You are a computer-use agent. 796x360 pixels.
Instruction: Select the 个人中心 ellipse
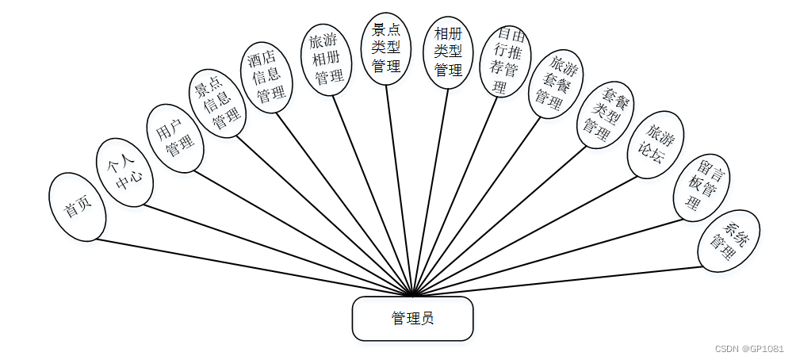pyautogui.click(x=124, y=172)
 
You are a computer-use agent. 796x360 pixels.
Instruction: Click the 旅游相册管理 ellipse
pyautogui.click(x=327, y=59)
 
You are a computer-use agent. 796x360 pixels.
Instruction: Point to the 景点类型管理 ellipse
pyautogui.click(x=386, y=49)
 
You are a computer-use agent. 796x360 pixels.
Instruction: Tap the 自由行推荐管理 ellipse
pyautogui.click(x=505, y=62)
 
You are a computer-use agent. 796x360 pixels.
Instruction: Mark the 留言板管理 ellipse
pyautogui.click(x=699, y=186)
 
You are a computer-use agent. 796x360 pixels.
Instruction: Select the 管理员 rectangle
pyautogui.click(x=412, y=319)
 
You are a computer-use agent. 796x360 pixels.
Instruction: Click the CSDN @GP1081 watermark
pyautogui.click(x=748, y=348)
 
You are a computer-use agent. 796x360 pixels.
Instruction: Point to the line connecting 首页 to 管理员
pyautogui.click(x=254, y=267)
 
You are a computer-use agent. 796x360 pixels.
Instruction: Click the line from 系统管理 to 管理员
pyautogui.click(x=555, y=281)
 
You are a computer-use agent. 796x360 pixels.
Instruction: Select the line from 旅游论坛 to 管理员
pyautogui.click(x=523, y=236)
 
